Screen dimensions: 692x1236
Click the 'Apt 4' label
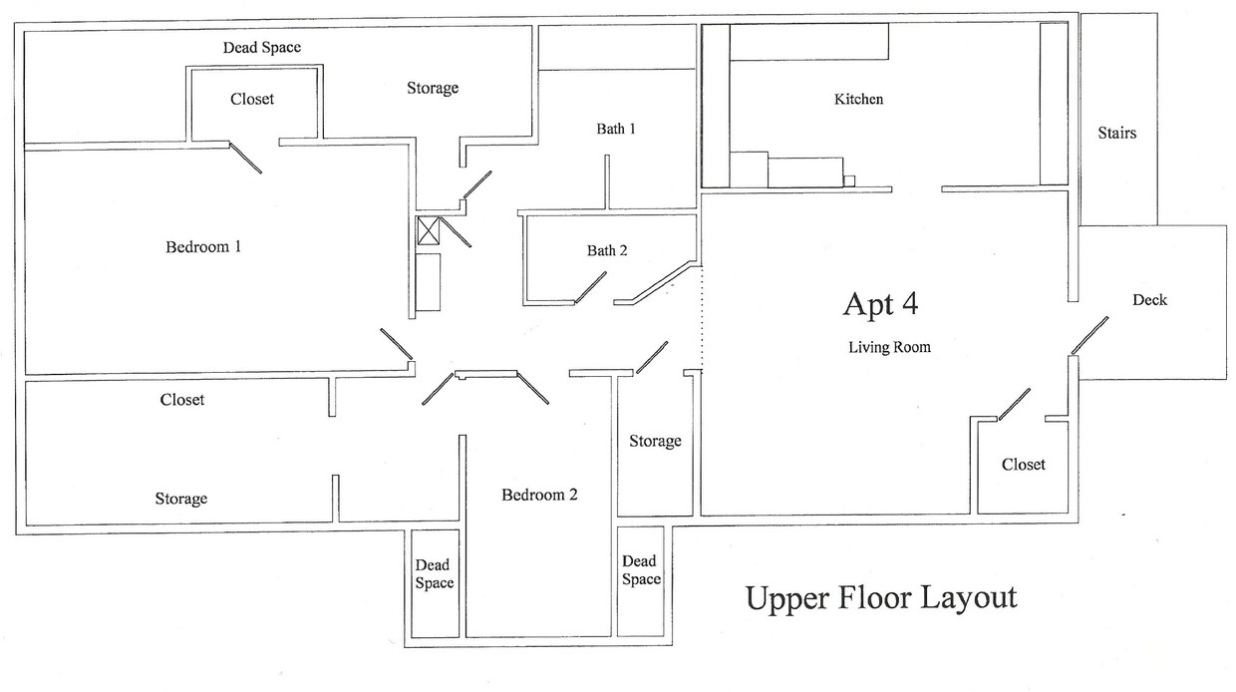(881, 304)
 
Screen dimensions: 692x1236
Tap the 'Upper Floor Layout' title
(881, 597)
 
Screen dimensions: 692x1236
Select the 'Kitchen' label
(858, 100)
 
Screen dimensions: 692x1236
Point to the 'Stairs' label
(1116, 133)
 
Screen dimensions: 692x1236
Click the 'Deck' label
(1149, 300)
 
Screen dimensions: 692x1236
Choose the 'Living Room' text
(889, 348)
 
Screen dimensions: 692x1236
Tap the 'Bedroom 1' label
(203, 246)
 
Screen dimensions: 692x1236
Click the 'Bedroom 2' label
(539, 495)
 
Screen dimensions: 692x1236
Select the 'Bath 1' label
(616, 129)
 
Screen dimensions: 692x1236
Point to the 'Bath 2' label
(606, 251)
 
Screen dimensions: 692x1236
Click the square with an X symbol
(428, 231)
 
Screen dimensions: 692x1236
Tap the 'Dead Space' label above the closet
(261, 47)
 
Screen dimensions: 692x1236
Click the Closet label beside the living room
(1024, 465)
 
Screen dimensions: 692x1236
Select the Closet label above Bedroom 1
(252, 100)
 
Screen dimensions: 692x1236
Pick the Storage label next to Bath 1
(433, 89)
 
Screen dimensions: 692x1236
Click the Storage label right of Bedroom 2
(655, 441)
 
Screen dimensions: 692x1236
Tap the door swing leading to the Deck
(1089, 335)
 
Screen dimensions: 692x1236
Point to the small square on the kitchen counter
(849, 180)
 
